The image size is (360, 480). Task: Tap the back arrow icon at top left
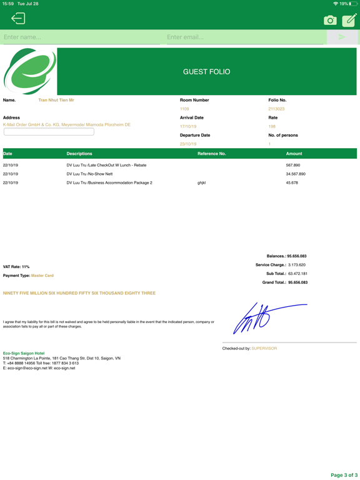[18, 19]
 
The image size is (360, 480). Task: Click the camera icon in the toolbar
[330, 21]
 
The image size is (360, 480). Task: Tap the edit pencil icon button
[349, 20]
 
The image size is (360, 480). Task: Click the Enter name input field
[81, 37]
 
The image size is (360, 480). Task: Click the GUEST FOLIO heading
[206, 72]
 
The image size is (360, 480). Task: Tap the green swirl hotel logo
[29, 71]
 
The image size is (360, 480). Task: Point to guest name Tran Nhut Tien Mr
[56, 100]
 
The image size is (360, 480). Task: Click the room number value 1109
[184, 109]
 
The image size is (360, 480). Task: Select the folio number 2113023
[276, 109]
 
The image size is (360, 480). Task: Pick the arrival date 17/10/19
[188, 126]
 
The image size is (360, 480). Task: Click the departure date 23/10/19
[188, 144]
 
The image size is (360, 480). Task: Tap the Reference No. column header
[211, 153]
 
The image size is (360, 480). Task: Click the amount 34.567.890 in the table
[296, 174]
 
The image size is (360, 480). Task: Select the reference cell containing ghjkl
[201, 182]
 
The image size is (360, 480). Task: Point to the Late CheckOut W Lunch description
[106, 165]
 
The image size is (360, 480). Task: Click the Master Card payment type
[42, 276]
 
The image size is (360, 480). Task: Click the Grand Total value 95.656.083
[297, 282]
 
